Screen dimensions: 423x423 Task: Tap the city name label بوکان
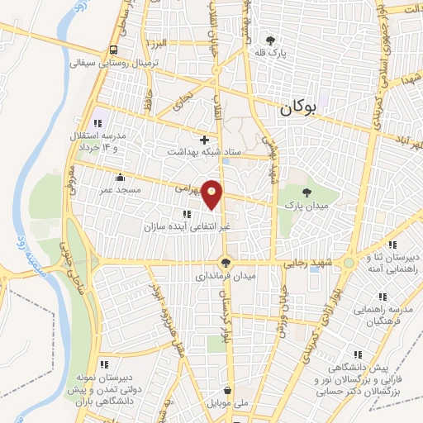(298, 107)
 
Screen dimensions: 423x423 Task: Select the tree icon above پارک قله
(269, 40)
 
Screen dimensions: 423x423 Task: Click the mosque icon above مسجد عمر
(121, 177)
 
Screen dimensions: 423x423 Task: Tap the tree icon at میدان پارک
(307, 192)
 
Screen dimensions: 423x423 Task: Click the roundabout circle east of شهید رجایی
(350, 264)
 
